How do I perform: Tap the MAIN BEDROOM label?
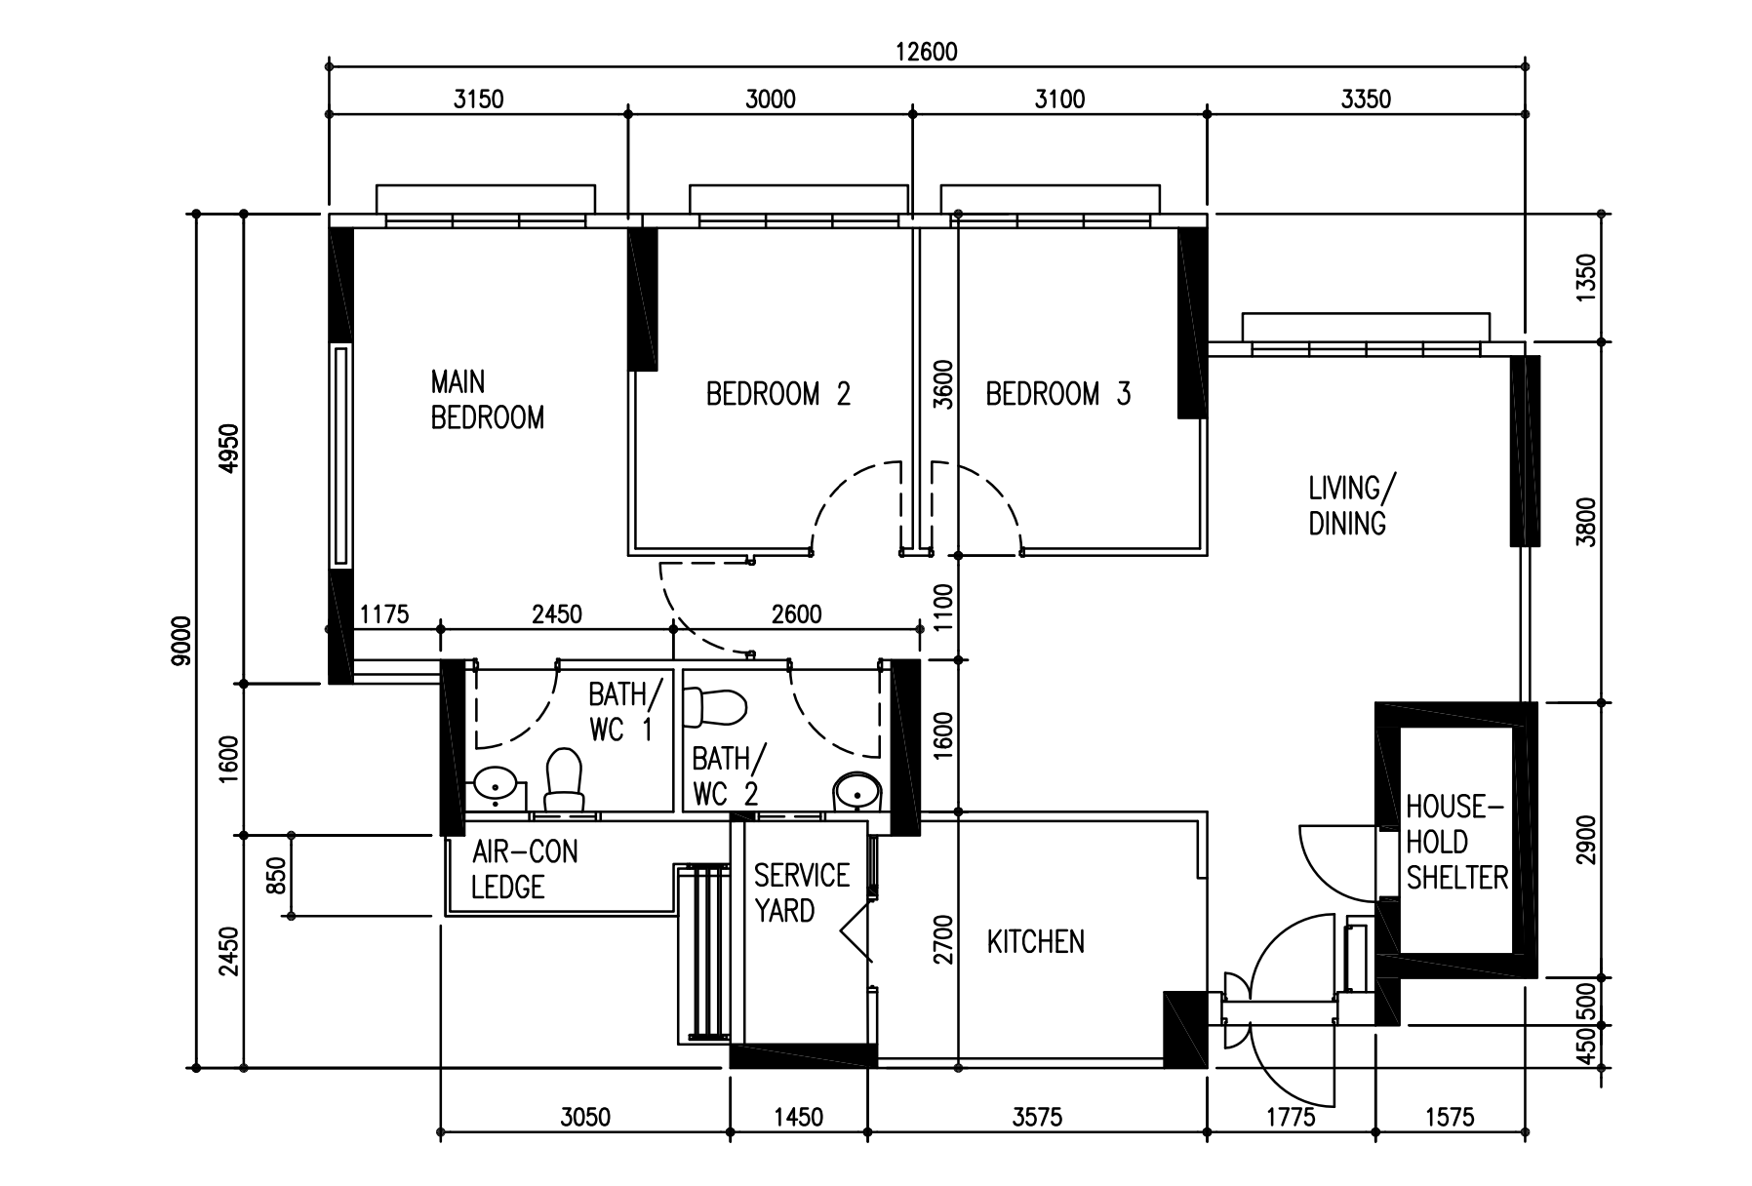[x=487, y=399]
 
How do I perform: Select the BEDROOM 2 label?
[x=777, y=394]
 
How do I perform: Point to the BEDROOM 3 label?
[x=1057, y=394]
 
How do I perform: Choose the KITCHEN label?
[x=1035, y=942]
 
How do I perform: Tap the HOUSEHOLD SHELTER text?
[x=1455, y=842]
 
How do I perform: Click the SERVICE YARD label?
[x=801, y=892]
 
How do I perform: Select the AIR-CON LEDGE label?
[x=524, y=869]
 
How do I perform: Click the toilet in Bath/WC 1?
[x=563, y=780]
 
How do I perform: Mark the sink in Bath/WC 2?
[x=857, y=790]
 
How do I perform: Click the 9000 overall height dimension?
[x=179, y=641]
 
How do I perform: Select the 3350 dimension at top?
[x=1366, y=99]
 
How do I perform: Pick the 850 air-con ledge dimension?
[x=277, y=875]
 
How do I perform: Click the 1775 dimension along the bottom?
[x=1290, y=1117]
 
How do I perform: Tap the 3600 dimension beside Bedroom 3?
[x=942, y=383]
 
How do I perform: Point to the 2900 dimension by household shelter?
[x=1585, y=839]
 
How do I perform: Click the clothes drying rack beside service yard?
[x=704, y=952]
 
